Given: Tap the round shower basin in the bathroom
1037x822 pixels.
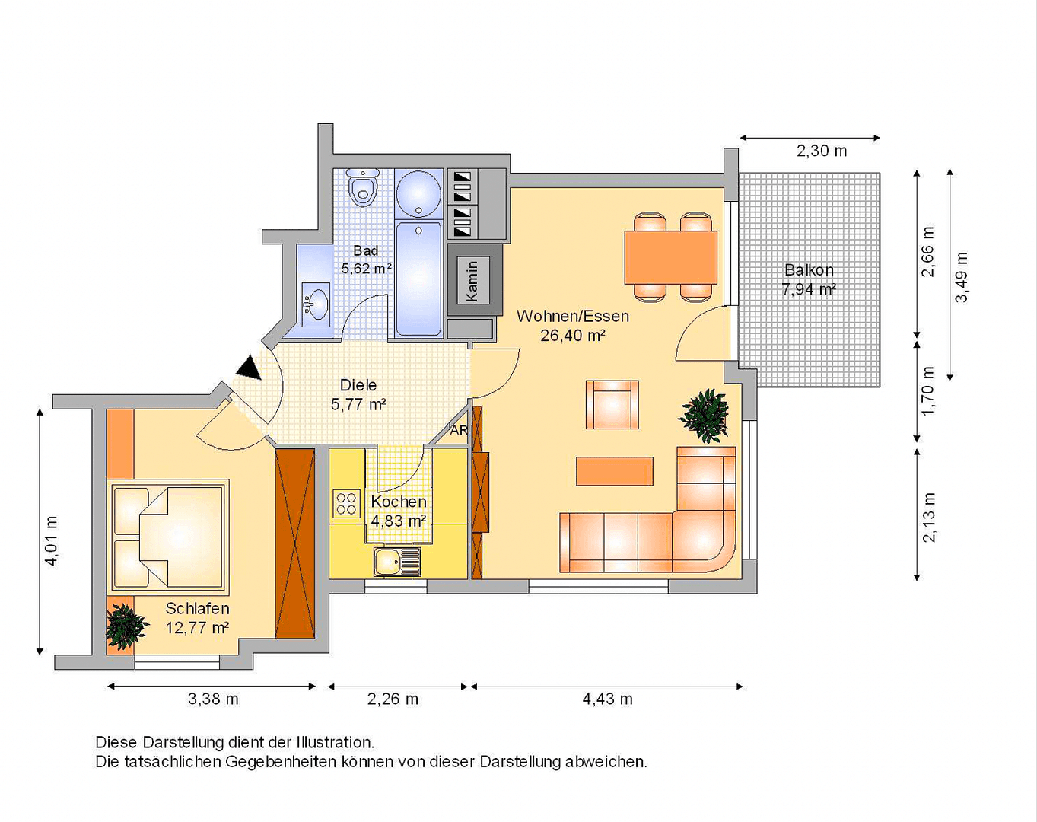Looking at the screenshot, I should [418, 193].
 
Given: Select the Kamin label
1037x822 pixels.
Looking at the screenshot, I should [472, 280].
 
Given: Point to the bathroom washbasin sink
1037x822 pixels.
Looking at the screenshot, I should [315, 304].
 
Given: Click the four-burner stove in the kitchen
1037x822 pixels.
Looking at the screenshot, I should [346, 504].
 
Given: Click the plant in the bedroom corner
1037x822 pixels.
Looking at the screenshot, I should [125, 626].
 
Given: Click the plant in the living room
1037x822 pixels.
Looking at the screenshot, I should [705, 415].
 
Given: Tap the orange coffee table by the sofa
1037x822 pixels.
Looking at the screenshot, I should [614, 471].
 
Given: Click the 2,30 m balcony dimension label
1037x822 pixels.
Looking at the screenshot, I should [821, 151].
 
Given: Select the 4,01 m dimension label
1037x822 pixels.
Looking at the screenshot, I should [51, 540].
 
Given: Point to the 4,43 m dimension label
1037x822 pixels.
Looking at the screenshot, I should [607, 699].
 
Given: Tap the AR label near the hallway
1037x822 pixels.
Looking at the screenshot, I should [459, 430].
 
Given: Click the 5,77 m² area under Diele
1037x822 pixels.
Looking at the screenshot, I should [358, 405].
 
